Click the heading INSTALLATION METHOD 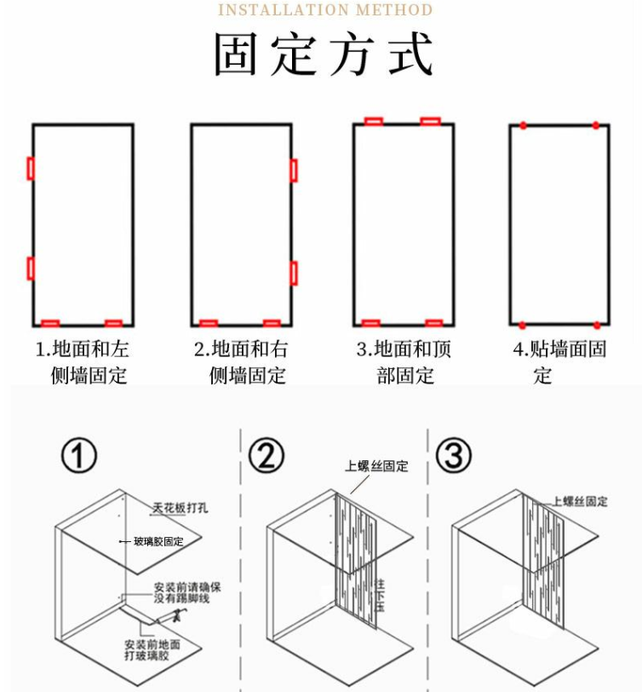click(x=325, y=10)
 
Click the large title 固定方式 click(x=324, y=55)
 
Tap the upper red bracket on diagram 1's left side click(x=31, y=168)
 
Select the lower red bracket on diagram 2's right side click(x=294, y=273)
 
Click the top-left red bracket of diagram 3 click(x=374, y=121)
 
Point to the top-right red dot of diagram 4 click(x=596, y=125)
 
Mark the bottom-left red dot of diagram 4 click(x=522, y=325)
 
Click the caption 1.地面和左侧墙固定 click(x=82, y=362)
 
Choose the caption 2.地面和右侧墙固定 click(x=241, y=362)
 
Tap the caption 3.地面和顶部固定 click(x=404, y=362)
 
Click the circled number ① click(x=78, y=457)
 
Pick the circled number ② click(x=267, y=457)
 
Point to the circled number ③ click(x=453, y=457)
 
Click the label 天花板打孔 click(x=180, y=509)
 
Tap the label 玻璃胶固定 click(x=158, y=541)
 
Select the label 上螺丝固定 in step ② click(x=376, y=466)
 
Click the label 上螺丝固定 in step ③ click(x=580, y=501)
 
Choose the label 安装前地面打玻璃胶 click(x=153, y=650)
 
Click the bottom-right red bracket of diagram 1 click(x=113, y=323)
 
